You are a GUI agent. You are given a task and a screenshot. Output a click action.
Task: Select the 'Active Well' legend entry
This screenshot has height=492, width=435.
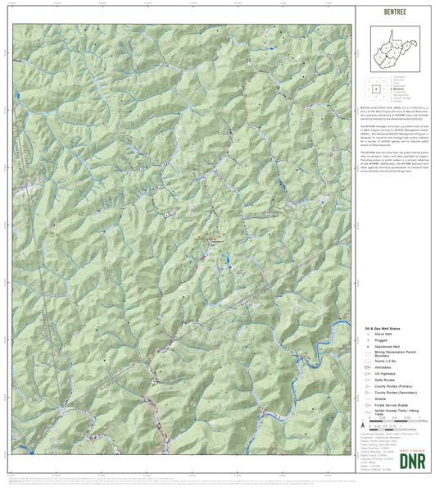click(x=382, y=335)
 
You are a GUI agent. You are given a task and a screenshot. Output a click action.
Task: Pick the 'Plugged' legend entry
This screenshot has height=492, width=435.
click(x=379, y=340)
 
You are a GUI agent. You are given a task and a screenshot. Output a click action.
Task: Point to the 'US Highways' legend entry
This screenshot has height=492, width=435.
click(x=384, y=375)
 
